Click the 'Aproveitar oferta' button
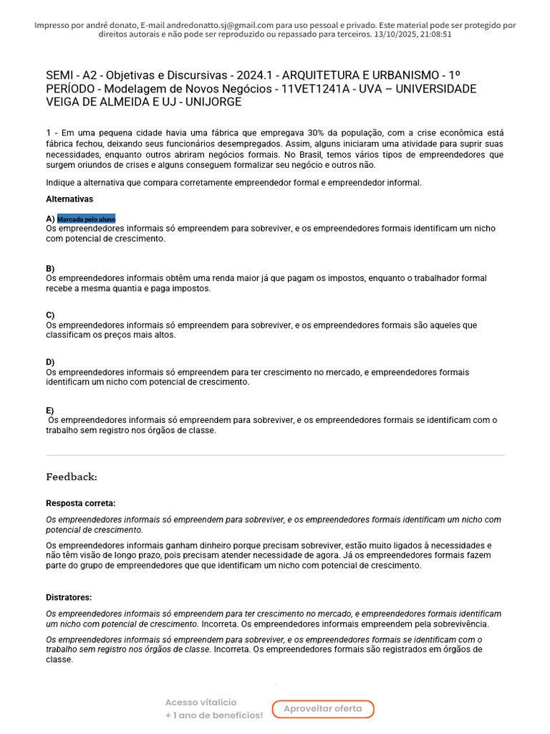[x=323, y=709]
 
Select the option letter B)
[x=50, y=268]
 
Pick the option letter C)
[x=50, y=315]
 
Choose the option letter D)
[x=50, y=362]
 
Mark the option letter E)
[x=50, y=410]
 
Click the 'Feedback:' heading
[x=72, y=477]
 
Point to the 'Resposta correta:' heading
[x=80, y=503]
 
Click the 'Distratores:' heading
[x=69, y=597]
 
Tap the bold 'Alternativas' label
[x=69, y=199]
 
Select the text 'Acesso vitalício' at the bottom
[x=201, y=702]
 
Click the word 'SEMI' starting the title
[x=60, y=75]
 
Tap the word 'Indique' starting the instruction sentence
[x=62, y=182]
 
